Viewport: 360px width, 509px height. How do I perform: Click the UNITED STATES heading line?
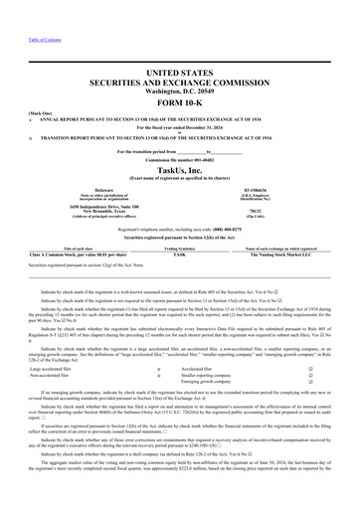pos(179,74)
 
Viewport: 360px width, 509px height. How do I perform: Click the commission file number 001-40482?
pos(179,160)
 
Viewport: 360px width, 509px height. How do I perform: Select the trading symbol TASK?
pos(179,254)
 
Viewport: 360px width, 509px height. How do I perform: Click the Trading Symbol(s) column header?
pos(179,248)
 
